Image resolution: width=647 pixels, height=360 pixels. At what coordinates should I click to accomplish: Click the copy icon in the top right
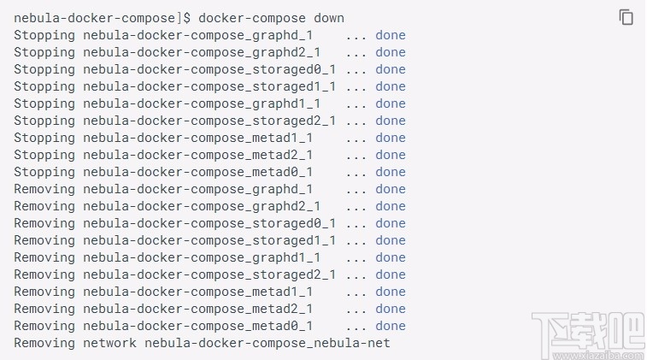(626, 17)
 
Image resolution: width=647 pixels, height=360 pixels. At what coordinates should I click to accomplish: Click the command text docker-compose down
(271, 18)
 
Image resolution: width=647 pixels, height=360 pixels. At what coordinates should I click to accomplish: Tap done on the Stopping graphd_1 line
(391, 35)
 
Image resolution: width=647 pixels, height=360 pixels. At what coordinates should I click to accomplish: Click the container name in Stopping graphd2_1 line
(201, 52)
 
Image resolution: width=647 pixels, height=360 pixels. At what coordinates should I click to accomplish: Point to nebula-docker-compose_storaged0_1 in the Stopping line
(209, 69)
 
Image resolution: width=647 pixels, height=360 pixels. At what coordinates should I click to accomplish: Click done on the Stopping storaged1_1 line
(391, 86)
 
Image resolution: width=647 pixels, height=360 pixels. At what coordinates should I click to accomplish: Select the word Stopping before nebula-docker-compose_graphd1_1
(44, 103)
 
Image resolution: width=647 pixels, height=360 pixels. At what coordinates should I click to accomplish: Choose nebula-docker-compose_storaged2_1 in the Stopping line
(209, 121)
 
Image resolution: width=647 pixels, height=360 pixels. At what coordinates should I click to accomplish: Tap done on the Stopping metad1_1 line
(391, 138)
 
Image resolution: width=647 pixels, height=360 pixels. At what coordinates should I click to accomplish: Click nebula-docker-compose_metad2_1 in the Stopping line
(197, 155)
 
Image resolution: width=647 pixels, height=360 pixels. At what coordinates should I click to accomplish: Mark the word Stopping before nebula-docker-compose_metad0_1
(44, 172)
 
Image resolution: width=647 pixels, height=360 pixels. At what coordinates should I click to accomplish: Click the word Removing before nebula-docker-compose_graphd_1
(44, 189)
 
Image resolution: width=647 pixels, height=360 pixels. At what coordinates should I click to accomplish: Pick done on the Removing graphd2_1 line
(391, 206)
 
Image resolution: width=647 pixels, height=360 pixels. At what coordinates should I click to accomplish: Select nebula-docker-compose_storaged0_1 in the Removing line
(209, 223)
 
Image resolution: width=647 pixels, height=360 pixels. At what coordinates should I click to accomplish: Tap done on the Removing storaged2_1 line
(391, 274)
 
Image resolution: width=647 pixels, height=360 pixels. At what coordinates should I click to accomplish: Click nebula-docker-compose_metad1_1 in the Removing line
(197, 292)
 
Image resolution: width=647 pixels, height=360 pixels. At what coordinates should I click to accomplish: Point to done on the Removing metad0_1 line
(391, 326)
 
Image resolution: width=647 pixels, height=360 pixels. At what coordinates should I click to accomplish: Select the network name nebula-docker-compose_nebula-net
(267, 343)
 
